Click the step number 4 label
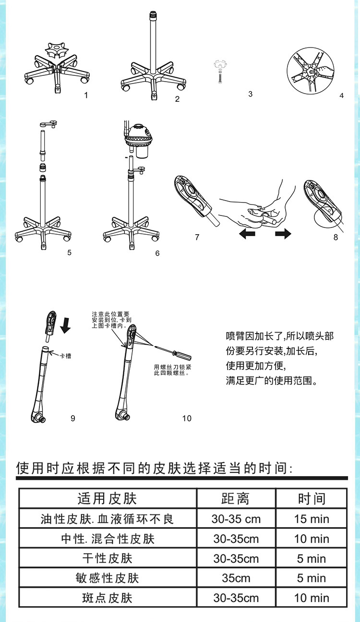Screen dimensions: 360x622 coord(341,96)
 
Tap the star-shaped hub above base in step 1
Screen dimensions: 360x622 coord(57,50)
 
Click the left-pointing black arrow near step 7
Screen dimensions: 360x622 coord(247,234)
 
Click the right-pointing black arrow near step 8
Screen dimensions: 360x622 coord(283,234)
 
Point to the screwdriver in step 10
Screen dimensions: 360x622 coord(173,353)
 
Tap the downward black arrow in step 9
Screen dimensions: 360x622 coord(66,324)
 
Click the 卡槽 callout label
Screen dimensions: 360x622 coord(66,356)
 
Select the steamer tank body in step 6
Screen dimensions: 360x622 coord(138,139)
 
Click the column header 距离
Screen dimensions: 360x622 coord(235,499)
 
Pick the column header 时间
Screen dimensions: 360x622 coord(312,499)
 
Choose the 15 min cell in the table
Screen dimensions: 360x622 coord(312,519)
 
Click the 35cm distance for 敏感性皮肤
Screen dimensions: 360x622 coord(236,578)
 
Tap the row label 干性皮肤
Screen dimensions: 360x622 coord(107,559)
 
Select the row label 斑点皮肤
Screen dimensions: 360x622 coord(107,598)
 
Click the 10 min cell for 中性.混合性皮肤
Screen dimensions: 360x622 coord(312,538)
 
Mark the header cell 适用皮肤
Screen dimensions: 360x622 coord(107,499)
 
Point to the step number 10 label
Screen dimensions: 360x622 coord(187,418)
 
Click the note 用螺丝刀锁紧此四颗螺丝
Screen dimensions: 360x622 coord(172,370)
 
